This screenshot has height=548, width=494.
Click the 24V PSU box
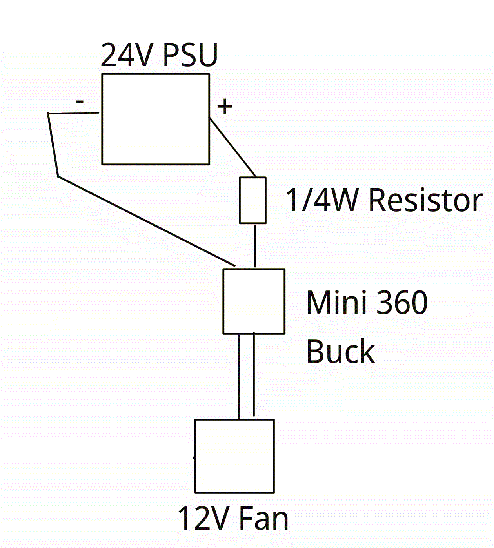[156, 119]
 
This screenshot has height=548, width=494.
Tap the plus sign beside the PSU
[225, 107]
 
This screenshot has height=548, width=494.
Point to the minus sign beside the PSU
[80, 102]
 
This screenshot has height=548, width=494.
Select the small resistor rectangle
[253, 200]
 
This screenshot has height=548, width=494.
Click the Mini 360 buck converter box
[254, 301]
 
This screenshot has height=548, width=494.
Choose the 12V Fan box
[234, 456]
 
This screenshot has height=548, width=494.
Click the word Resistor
[426, 200]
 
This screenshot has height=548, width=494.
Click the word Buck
[340, 352]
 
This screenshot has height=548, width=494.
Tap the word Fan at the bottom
[263, 519]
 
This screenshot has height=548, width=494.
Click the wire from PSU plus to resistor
[232, 147]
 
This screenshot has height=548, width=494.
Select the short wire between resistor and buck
[255, 246]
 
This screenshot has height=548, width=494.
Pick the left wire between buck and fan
[239, 376]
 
